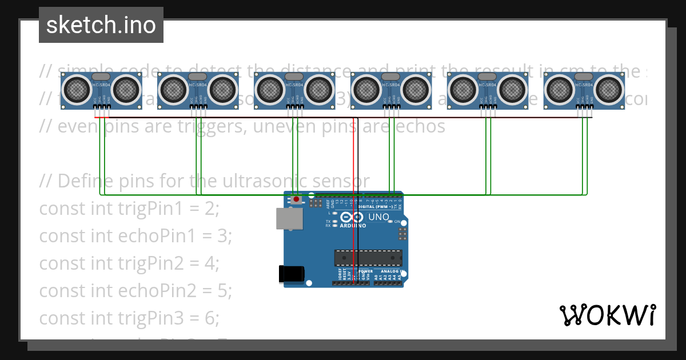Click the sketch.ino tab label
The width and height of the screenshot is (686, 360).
[x=101, y=25]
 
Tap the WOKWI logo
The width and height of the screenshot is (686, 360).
[x=607, y=315]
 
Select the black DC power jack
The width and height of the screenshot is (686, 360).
[x=290, y=274]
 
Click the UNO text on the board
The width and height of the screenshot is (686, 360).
[x=378, y=217]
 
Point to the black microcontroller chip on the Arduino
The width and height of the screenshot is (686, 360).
[x=368, y=258]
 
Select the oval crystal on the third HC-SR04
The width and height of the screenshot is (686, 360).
[x=294, y=77]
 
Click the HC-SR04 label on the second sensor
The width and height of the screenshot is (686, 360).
[x=197, y=85]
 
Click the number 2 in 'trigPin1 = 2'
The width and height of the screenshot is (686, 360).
[x=212, y=209]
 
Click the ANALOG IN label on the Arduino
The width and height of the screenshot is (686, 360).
[x=390, y=271]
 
